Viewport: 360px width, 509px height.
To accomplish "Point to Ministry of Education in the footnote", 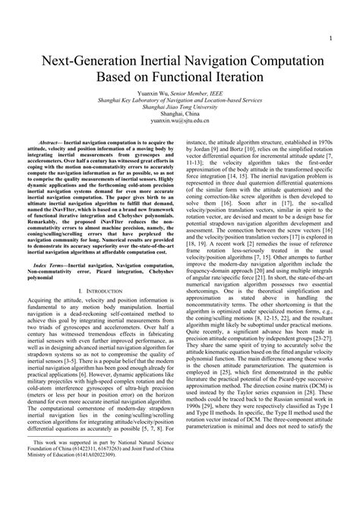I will coord(50,476).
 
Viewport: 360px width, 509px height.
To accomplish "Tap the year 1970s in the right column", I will coord(325,142).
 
